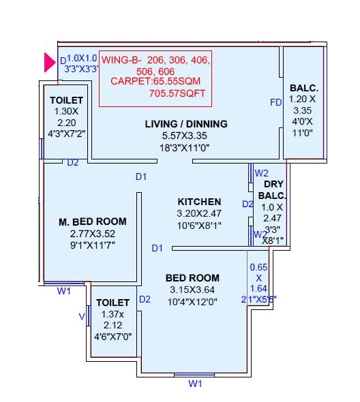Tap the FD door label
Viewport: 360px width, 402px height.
pos(275,103)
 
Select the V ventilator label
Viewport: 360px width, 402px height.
pos(82,316)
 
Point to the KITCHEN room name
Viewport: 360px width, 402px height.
pos(199,202)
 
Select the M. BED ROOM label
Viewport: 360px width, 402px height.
pos(92,222)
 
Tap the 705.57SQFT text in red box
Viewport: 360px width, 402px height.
pos(177,93)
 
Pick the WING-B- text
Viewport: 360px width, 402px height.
pos(121,59)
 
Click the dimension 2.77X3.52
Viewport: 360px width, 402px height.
pos(93,234)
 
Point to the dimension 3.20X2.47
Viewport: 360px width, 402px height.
pos(199,213)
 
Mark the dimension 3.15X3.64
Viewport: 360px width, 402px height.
pos(192,290)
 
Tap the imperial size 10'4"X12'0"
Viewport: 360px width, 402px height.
pos(192,302)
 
